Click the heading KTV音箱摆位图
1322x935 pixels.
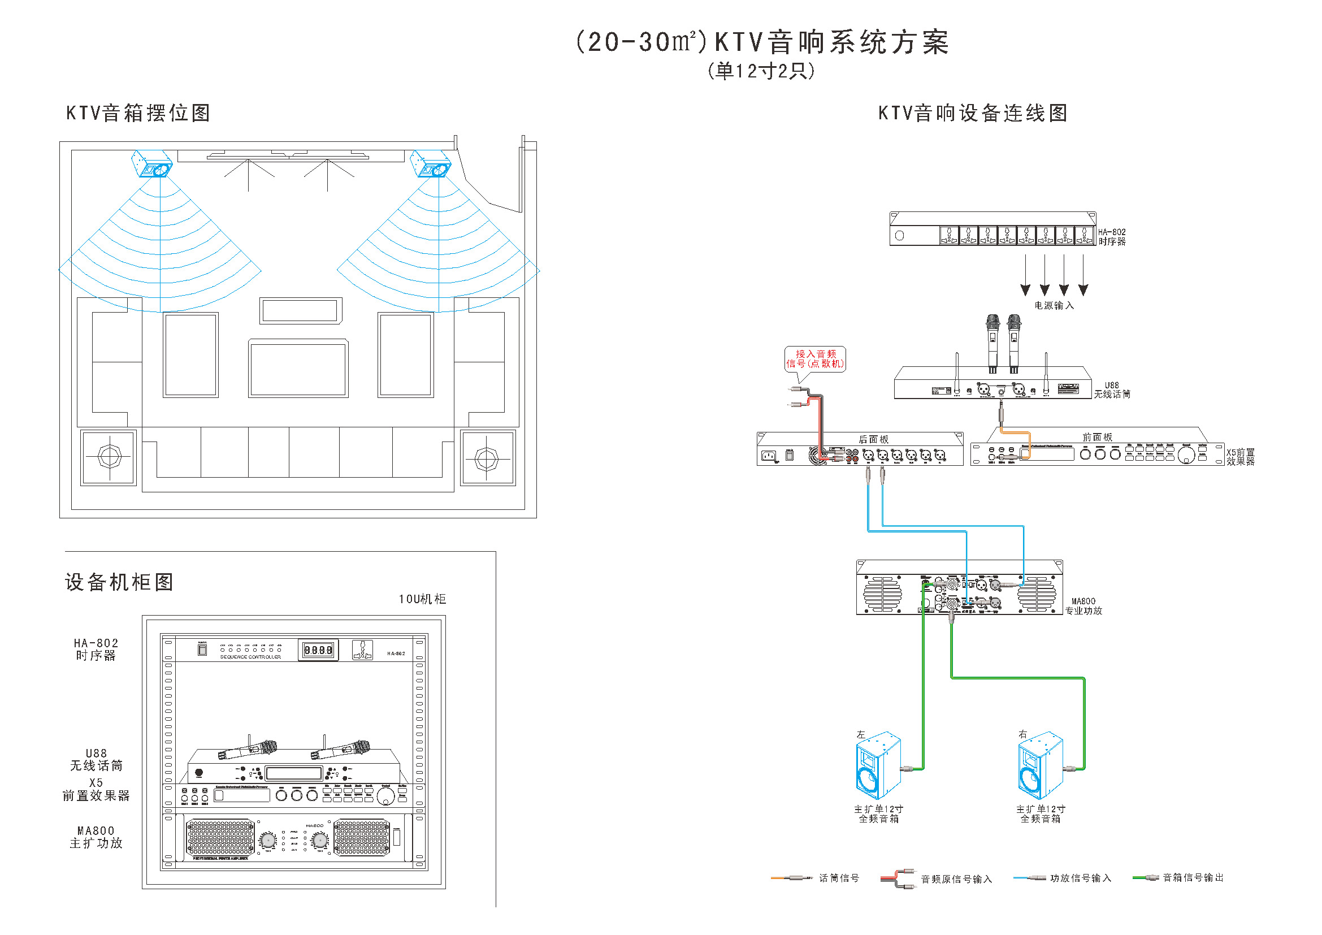point(138,113)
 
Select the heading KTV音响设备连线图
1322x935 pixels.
point(973,113)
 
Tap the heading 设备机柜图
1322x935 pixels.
point(119,582)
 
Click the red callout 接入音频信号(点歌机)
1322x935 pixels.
point(815,359)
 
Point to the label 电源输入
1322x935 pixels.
point(1054,305)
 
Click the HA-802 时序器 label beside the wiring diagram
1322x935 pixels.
point(1112,237)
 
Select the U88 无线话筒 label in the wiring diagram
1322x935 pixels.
point(1112,390)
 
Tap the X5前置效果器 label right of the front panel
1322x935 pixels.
point(1240,457)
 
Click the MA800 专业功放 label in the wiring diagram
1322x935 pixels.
point(1083,605)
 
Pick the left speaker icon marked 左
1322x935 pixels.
point(878,766)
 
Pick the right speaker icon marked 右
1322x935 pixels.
point(1040,766)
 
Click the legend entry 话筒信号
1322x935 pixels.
point(839,878)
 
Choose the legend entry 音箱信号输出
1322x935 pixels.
point(1193,877)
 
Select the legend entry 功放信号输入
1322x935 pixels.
point(1081,878)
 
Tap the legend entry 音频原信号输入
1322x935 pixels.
point(956,879)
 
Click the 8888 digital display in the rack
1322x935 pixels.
point(318,650)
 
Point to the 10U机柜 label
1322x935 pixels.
point(422,599)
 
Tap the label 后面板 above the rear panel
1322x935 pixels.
point(873,439)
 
